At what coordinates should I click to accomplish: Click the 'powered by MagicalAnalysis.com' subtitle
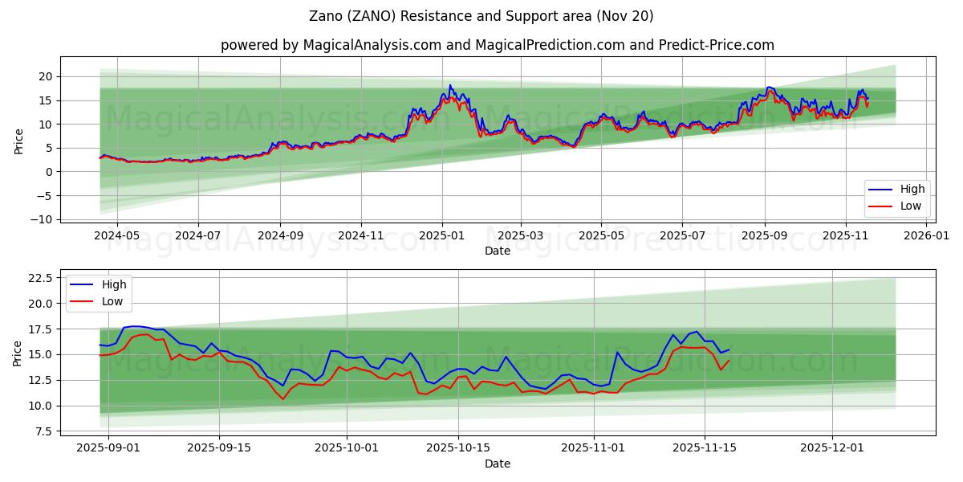point(498,45)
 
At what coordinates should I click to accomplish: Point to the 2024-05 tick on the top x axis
point(117,235)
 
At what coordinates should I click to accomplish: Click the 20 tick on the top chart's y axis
point(47,76)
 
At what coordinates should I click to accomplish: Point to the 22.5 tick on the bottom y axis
point(40,278)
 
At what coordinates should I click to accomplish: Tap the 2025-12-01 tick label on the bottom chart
point(832,448)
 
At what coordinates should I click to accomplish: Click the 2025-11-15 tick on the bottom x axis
point(705,448)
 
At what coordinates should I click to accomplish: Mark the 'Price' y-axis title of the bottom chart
point(18,353)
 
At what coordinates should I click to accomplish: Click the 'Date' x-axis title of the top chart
point(498,251)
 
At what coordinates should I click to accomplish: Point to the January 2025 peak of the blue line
point(450,85)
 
